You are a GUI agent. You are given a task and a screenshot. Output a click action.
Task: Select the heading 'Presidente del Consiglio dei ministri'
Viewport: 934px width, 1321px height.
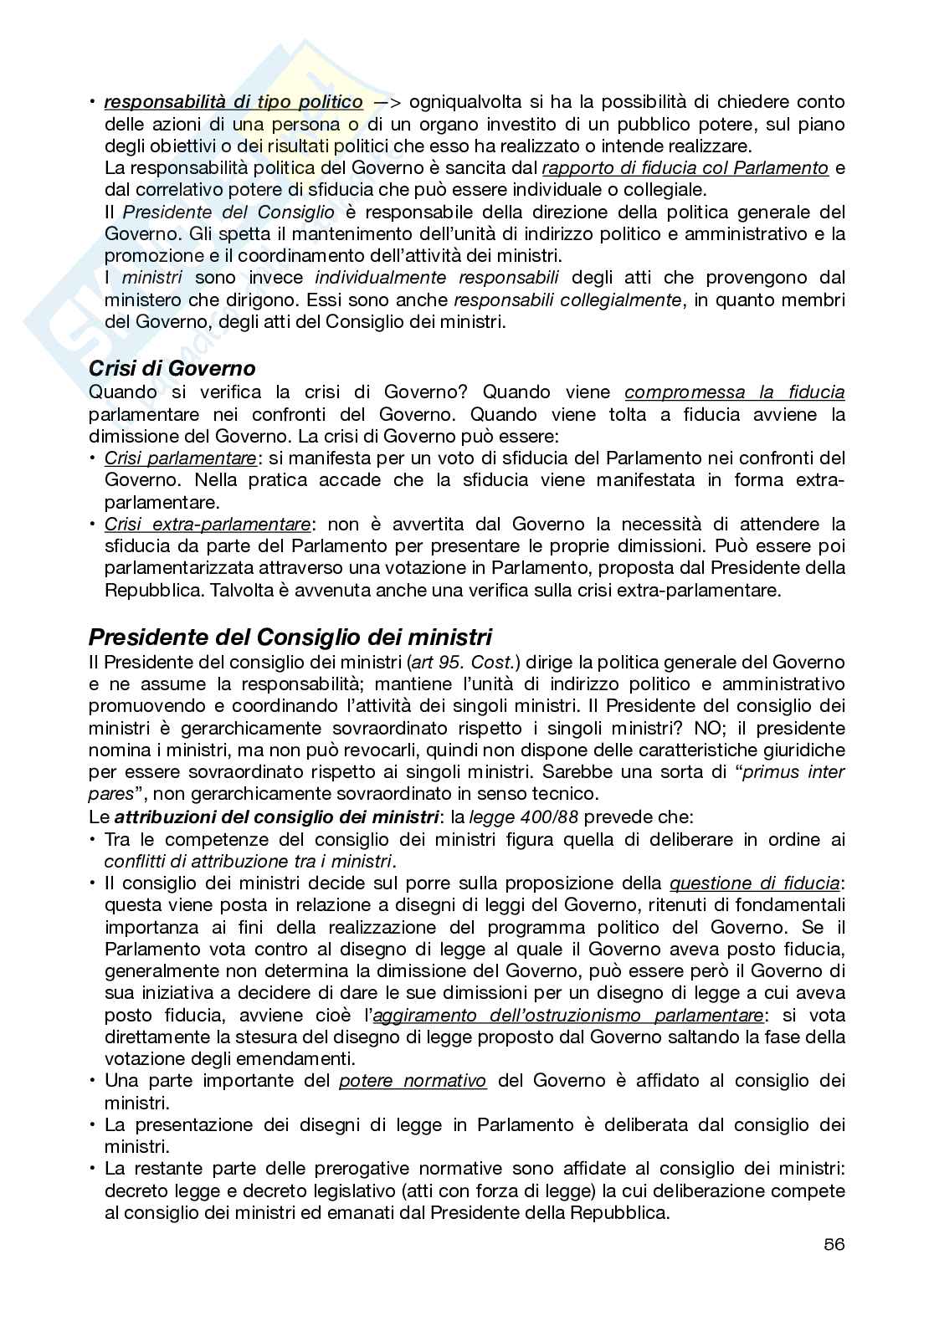pos(290,637)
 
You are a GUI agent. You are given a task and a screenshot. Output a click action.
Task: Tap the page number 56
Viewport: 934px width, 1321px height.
pos(833,1244)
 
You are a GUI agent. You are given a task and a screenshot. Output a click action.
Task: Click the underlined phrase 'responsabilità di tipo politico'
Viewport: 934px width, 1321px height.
pos(233,102)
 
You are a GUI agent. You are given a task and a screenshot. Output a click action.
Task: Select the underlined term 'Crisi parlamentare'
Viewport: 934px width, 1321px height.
pos(180,458)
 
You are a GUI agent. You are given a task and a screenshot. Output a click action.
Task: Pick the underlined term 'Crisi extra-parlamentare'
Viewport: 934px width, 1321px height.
pos(207,525)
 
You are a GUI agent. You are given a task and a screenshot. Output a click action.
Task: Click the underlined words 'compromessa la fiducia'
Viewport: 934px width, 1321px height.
pos(734,392)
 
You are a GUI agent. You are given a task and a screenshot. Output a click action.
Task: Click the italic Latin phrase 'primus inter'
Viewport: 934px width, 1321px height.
pos(793,772)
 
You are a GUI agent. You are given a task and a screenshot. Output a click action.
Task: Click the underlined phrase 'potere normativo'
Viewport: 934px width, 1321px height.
pos(413,1081)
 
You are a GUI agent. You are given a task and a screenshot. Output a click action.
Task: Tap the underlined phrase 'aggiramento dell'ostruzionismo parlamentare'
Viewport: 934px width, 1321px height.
pos(567,1015)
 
